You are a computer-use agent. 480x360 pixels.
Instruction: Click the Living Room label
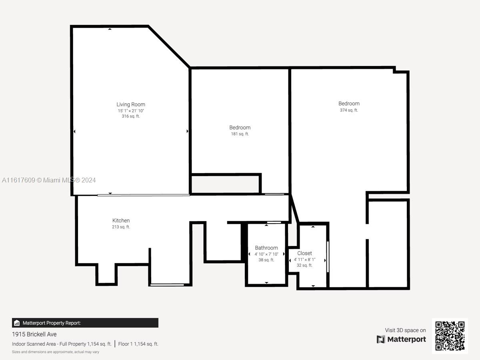click(131, 104)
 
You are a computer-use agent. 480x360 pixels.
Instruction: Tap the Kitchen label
click(121, 220)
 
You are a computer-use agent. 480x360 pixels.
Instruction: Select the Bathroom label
click(266, 248)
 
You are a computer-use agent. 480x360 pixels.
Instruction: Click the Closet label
click(304, 253)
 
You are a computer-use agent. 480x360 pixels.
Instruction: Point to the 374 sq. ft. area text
click(349, 110)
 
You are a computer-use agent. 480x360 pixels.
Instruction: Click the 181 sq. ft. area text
click(240, 134)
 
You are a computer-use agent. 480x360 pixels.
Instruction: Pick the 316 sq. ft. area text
click(131, 116)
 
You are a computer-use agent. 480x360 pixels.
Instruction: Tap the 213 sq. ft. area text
click(121, 227)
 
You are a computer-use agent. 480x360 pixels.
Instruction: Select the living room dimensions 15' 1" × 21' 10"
click(131, 110)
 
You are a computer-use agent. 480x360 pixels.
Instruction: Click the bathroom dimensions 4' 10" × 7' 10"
click(266, 254)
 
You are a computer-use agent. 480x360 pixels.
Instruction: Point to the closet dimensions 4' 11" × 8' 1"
click(304, 259)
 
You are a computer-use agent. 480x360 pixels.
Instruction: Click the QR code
click(450, 336)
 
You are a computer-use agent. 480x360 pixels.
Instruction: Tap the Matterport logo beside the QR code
click(401, 339)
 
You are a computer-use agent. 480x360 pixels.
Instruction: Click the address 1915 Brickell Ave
click(34, 334)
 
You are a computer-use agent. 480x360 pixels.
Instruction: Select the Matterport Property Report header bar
click(85, 323)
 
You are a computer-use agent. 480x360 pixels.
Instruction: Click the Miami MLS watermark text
click(49, 180)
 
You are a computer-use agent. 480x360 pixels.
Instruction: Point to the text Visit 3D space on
click(405, 330)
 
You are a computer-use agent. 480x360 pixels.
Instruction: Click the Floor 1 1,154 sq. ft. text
click(138, 344)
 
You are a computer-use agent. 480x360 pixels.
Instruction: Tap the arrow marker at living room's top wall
click(110, 29)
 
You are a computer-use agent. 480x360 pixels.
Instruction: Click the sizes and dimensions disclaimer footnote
click(56, 352)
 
